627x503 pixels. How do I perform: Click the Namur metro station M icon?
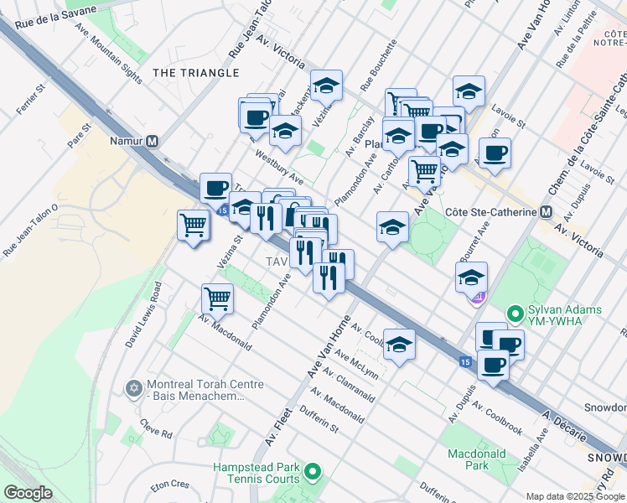pyautogui.click(x=152, y=141)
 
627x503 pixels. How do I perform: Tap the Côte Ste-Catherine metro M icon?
pyautogui.click(x=546, y=212)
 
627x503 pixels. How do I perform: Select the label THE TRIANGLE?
pyautogui.click(x=196, y=73)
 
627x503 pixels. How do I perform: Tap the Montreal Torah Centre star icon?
pyautogui.click(x=133, y=389)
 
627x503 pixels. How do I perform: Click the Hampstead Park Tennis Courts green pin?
pyautogui.click(x=313, y=473)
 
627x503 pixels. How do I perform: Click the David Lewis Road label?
pyautogui.click(x=143, y=315)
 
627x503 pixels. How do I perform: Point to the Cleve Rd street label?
pyautogui.click(x=156, y=428)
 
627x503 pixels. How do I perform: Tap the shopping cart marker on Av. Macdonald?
pyautogui.click(x=217, y=297)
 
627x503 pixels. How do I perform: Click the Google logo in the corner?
pyautogui.click(x=28, y=493)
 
